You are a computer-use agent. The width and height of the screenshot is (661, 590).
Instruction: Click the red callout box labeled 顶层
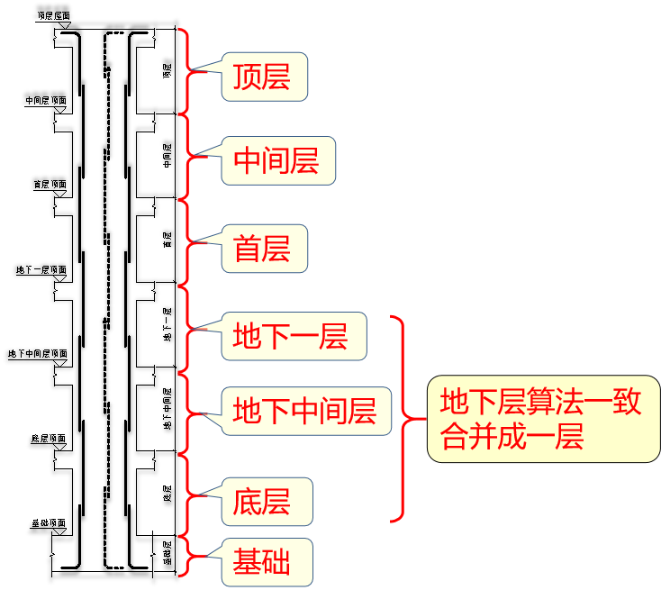[262, 77]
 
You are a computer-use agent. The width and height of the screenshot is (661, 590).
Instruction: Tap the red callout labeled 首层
[262, 249]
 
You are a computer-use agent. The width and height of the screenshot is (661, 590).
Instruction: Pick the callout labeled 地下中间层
[304, 412]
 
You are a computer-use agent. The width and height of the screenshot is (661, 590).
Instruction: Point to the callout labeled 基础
[262, 562]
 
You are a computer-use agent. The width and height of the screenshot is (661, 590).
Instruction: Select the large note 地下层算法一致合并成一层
[542, 419]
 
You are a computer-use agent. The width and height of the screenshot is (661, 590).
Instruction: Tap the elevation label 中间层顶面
[47, 101]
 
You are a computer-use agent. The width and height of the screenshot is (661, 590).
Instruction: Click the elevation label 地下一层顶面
[41, 269]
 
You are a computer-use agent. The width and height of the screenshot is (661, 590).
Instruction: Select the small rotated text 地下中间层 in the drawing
[167, 407]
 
